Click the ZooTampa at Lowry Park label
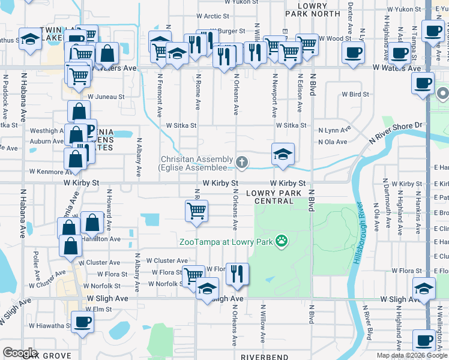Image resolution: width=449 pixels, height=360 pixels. (226, 242)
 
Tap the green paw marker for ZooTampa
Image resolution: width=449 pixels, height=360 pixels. (282, 241)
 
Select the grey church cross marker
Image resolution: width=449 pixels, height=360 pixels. (241, 161)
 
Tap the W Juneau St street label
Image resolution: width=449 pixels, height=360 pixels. (106, 96)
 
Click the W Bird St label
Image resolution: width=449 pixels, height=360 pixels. (355, 94)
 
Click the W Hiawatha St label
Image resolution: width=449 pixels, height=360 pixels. (47, 326)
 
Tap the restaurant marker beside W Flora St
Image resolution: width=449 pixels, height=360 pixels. (237, 273)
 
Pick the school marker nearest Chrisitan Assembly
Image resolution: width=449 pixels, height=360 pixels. (283, 154)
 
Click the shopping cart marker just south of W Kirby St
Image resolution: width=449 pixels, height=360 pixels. (197, 211)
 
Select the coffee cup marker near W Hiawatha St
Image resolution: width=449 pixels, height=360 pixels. (82, 321)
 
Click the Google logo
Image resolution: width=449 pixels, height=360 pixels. (20, 353)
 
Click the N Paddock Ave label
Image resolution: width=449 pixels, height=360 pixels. (5, 96)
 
